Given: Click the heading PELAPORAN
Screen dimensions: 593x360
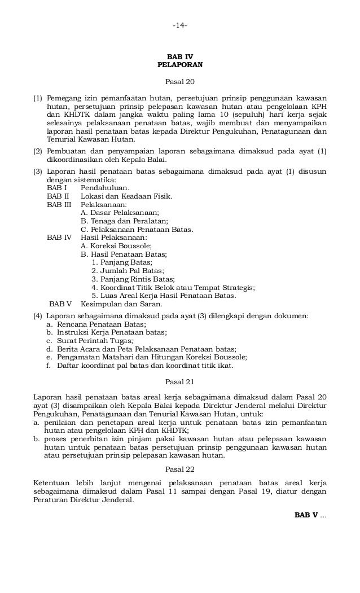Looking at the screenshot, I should coord(180,65).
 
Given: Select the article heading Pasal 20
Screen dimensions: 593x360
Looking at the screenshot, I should coord(180,82).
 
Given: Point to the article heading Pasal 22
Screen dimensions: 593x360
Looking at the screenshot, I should coord(180,469).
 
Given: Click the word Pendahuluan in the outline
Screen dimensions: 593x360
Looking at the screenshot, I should coord(105,187).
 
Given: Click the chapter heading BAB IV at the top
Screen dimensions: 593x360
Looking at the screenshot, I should coord(180,57).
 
